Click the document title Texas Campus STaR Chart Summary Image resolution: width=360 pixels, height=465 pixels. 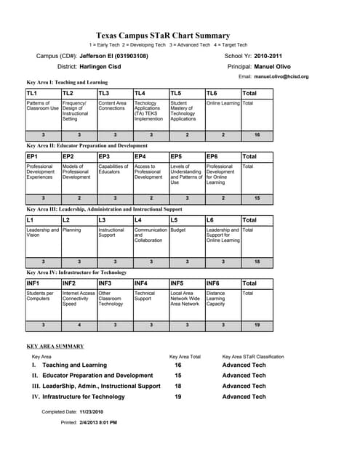[163, 36]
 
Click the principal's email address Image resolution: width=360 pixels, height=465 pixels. [281, 76]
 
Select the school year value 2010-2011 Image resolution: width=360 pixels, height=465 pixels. [268, 56]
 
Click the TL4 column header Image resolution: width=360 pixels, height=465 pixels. [140, 94]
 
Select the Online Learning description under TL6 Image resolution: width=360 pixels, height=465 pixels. [223, 103]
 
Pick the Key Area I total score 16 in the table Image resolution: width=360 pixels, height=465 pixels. [257, 135]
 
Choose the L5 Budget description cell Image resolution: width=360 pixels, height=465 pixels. [177, 229]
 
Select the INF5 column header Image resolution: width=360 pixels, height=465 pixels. [178, 283]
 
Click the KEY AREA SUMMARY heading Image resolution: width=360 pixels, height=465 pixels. [55, 347]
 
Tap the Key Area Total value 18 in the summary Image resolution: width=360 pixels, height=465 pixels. [178, 386]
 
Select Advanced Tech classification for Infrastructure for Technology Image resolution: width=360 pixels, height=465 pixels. [244, 397]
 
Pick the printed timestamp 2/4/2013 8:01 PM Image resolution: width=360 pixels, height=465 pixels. [99, 422]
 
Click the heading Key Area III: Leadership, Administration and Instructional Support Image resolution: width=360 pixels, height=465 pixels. [104, 209]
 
